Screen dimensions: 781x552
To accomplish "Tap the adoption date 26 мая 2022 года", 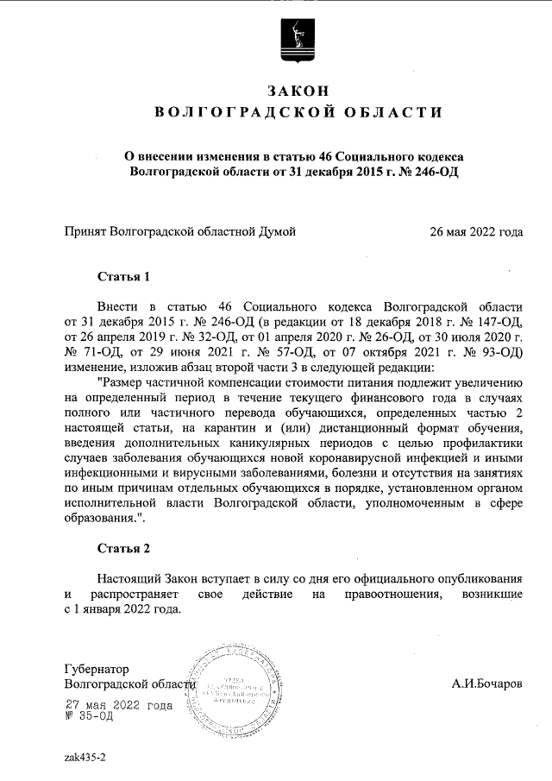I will [x=476, y=231].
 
